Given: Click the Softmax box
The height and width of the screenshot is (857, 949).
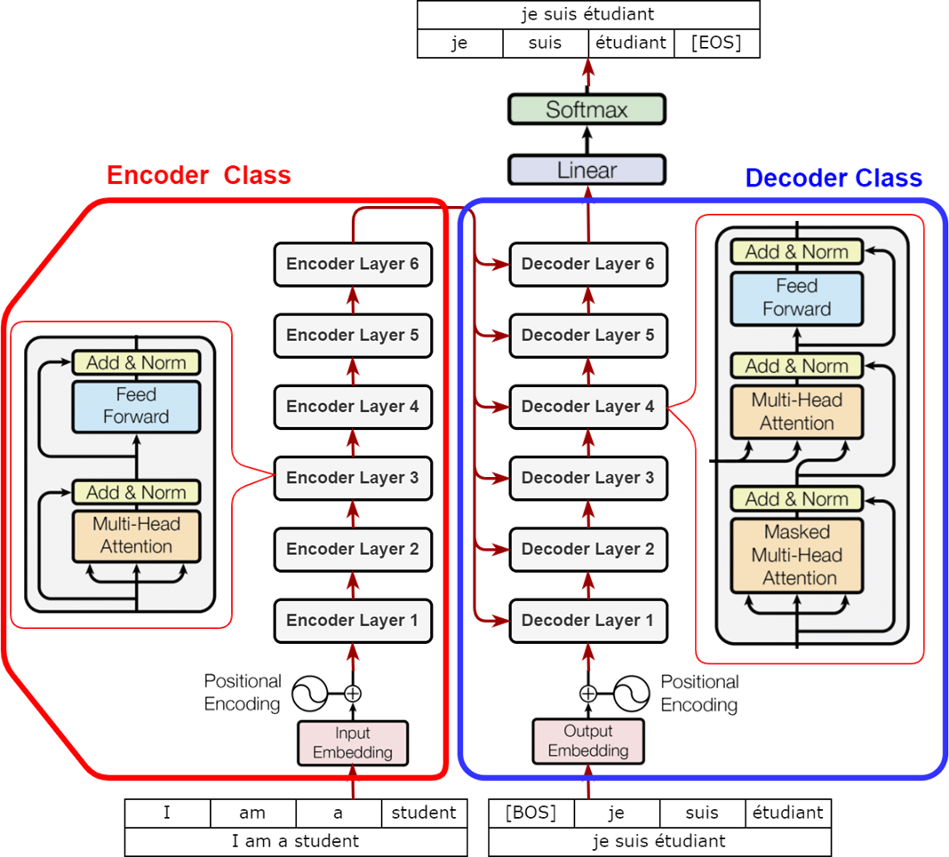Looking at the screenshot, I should click(x=586, y=110).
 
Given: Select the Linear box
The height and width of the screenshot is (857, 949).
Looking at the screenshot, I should click(x=586, y=170).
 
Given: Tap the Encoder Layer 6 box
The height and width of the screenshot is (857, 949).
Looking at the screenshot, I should click(x=353, y=264).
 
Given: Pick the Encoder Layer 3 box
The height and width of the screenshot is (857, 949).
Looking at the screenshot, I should click(x=353, y=478).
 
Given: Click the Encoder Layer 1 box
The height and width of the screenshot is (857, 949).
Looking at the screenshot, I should click(x=353, y=620).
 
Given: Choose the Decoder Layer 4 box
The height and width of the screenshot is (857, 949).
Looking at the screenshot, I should click(x=588, y=407).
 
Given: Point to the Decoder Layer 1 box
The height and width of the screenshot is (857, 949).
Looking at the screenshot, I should click(x=588, y=620).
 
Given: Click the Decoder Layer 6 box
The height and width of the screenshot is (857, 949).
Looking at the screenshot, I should click(x=588, y=264).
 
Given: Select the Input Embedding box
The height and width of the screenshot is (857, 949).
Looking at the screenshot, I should click(x=353, y=742).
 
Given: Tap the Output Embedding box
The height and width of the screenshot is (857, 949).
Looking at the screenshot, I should click(x=588, y=741).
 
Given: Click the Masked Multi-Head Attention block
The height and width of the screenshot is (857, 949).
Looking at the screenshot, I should click(x=797, y=555).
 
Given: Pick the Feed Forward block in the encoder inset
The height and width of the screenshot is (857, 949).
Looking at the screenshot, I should click(x=136, y=406).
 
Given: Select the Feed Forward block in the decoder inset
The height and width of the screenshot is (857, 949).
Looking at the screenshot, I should click(x=797, y=298).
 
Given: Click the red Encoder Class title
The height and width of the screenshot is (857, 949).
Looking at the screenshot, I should click(x=199, y=175).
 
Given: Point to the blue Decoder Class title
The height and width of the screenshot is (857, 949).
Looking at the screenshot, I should click(x=834, y=179).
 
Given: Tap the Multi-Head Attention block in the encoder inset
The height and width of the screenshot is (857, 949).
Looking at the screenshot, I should click(x=136, y=536).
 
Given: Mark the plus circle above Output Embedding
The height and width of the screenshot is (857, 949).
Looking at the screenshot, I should click(x=588, y=694).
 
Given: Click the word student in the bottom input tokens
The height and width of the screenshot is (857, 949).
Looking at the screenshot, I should click(x=424, y=812).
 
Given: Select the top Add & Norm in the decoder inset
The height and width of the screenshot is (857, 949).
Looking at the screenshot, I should click(x=797, y=252).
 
